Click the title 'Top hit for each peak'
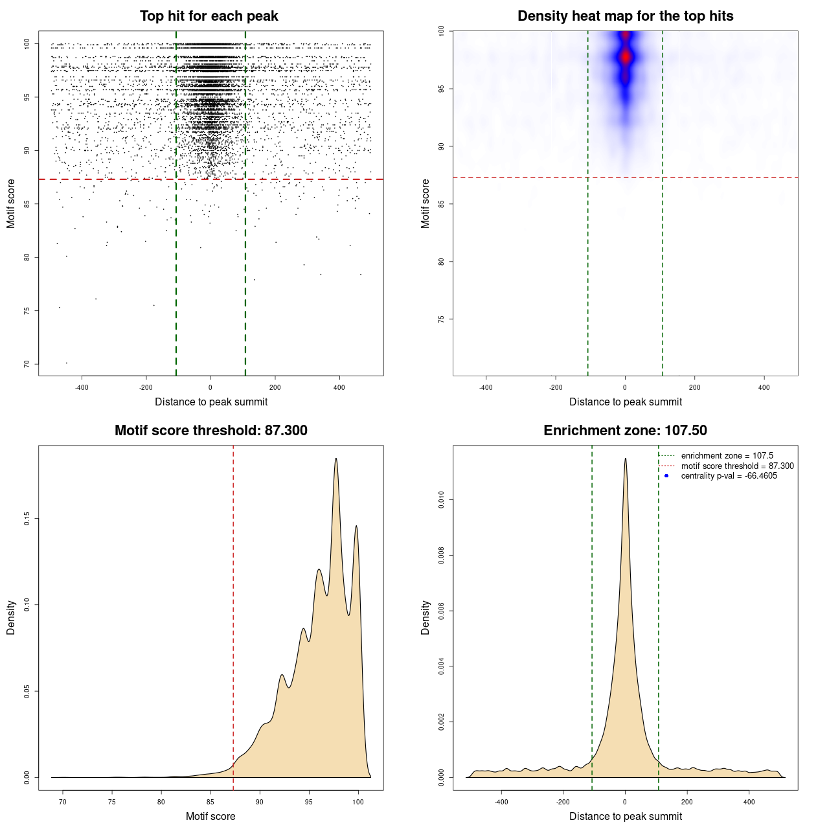209,16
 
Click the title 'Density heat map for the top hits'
625,16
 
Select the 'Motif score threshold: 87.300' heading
210,431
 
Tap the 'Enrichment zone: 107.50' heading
625,431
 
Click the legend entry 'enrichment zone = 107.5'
727,456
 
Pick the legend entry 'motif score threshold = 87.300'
737,466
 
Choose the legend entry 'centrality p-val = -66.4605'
729,476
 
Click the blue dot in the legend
666,476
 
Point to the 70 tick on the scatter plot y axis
27,364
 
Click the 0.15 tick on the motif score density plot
27,519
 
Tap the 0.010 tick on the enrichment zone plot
442,499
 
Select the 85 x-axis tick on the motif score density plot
210,802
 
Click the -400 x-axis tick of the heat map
486,387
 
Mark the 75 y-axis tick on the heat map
442,319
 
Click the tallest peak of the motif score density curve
335,459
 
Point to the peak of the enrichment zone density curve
625,459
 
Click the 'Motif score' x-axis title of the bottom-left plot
210,816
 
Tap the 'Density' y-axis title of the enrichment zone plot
426,617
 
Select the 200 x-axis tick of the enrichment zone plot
687,802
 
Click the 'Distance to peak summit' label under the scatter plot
211,402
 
